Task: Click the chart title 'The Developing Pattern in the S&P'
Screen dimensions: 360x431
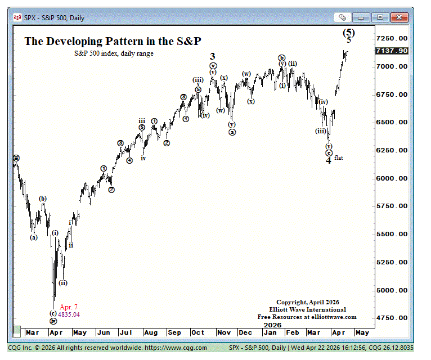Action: pyautogui.click(x=112, y=41)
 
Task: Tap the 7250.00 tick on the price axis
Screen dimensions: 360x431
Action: pyautogui.click(x=392, y=38)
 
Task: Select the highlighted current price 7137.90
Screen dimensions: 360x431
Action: pyautogui.click(x=392, y=51)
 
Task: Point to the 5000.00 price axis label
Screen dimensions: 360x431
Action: pyautogui.click(x=392, y=290)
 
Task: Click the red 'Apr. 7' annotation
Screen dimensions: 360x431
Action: pyautogui.click(x=69, y=307)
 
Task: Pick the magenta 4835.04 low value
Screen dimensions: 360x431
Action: pyautogui.click(x=69, y=314)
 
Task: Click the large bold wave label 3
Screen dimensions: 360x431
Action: pyautogui.click(x=213, y=56)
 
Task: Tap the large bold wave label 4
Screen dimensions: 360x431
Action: pyautogui.click(x=329, y=161)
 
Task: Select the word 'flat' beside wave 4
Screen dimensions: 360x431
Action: pyautogui.click(x=339, y=158)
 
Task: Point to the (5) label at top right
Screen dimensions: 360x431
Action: pyautogui.click(x=349, y=33)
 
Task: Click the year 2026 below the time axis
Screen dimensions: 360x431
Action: pyautogui.click(x=272, y=325)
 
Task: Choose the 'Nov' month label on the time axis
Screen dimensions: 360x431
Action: pyautogui.click(x=222, y=333)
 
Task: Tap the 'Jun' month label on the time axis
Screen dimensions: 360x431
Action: pyautogui.click(x=104, y=333)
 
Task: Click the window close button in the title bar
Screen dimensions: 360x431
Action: pyautogui.click(x=397, y=17)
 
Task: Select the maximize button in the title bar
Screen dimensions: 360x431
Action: pyautogui.click(x=381, y=17)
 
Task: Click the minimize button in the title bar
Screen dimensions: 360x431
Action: pyautogui.click(x=364, y=17)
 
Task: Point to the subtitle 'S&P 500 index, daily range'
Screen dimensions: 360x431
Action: pyautogui.click(x=114, y=53)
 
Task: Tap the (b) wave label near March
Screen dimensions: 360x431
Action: pyautogui.click(x=43, y=199)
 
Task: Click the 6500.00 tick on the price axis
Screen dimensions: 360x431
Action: pyautogui.click(x=392, y=122)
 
